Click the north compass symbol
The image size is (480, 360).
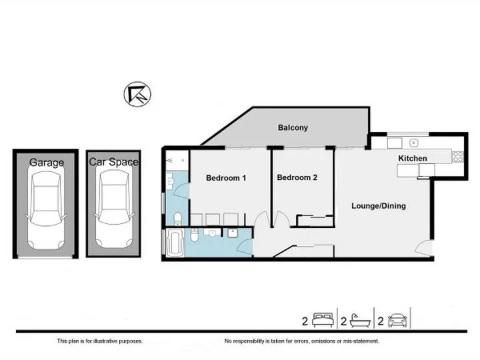(137, 94)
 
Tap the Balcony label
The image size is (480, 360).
(293, 127)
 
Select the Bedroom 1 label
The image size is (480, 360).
(226, 178)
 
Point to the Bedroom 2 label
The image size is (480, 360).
(297, 177)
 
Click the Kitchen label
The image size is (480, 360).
(413, 158)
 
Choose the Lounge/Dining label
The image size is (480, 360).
(379, 206)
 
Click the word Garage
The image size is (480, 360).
(47, 162)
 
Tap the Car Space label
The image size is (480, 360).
(113, 161)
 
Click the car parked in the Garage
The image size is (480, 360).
(46, 210)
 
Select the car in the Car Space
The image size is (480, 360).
(114, 209)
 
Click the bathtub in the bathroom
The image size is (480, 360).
(175, 243)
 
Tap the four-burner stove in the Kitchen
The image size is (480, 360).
(458, 157)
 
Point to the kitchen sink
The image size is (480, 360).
(413, 143)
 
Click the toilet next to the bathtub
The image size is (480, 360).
(195, 235)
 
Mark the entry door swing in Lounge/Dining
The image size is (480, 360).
(424, 247)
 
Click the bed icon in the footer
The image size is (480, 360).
(323, 320)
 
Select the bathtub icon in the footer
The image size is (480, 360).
(360, 321)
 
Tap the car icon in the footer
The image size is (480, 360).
(397, 321)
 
